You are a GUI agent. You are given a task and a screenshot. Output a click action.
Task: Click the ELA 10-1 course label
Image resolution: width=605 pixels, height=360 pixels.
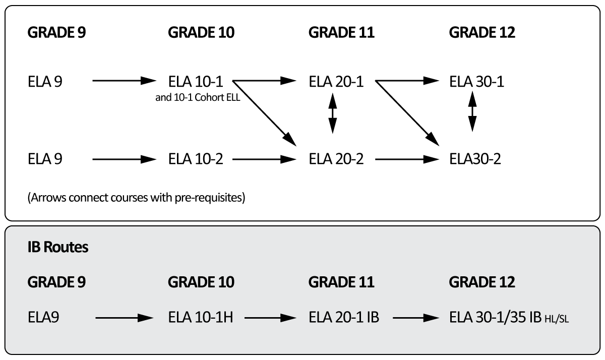196,81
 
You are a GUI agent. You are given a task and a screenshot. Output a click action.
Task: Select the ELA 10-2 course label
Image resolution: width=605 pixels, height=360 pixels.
196,159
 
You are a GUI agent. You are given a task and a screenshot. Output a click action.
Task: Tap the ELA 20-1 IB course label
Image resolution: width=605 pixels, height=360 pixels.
343,318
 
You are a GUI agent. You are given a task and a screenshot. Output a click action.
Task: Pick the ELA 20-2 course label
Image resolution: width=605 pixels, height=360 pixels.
336,159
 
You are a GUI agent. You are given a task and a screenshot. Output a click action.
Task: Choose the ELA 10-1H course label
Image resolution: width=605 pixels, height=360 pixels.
200,318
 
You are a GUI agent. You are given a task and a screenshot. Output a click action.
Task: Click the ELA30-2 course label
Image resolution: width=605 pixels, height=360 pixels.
475,159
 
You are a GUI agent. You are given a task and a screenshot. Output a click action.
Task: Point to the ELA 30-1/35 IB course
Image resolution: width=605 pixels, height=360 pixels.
497,318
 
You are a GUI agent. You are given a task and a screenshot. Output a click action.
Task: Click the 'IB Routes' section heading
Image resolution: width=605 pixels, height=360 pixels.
58,248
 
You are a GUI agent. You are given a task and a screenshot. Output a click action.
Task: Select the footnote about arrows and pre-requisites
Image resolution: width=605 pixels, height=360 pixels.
136,198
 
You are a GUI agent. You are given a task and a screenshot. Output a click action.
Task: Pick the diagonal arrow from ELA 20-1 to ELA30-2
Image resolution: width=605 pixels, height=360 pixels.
406,113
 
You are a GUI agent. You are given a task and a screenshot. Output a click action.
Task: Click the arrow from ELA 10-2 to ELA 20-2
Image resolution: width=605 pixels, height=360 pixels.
264,159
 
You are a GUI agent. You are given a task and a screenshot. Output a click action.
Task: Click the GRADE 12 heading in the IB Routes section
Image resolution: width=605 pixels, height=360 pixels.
482,282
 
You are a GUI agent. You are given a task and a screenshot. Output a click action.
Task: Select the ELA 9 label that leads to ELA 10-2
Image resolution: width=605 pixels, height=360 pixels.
45,159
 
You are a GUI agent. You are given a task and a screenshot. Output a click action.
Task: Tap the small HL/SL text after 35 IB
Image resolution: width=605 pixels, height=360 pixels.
557,320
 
